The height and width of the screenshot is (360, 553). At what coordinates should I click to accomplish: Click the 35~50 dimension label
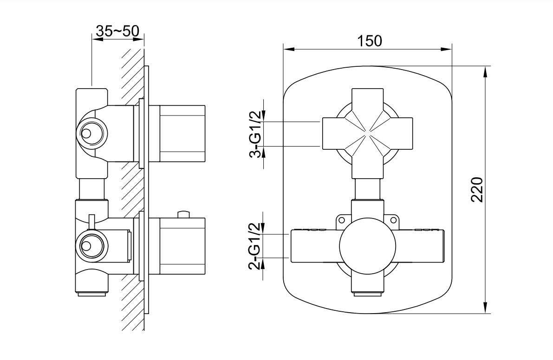tap(117, 31)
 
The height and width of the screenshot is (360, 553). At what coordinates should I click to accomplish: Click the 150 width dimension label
tap(370, 41)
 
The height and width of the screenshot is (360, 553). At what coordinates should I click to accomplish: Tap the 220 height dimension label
tap(477, 190)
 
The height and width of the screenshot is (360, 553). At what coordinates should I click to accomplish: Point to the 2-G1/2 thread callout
tap(256, 246)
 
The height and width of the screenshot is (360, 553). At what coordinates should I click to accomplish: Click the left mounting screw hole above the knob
tap(341, 220)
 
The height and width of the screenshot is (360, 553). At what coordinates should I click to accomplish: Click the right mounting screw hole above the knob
tap(393, 220)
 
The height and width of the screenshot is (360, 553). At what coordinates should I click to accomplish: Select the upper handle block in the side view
tap(182, 134)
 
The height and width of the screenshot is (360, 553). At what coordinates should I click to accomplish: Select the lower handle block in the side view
tap(182, 246)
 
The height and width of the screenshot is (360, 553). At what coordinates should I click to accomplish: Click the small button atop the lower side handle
tap(184, 214)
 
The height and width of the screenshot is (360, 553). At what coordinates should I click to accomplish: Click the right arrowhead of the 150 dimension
tap(447, 49)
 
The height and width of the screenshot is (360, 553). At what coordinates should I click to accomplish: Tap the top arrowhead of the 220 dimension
tap(486, 72)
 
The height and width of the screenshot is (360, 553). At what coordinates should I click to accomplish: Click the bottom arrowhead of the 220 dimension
tap(486, 308)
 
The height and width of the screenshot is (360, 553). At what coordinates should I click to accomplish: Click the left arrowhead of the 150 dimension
tap(289, 49)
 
